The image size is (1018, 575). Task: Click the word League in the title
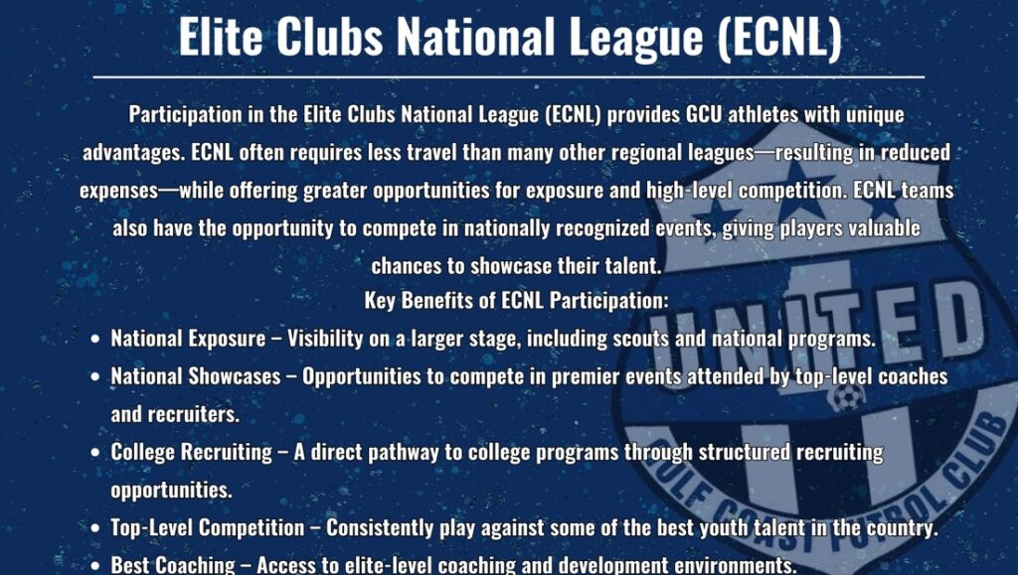coord(636,38)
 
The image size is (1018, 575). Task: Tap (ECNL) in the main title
coord(779,38)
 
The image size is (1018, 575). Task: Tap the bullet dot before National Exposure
coord(95,339)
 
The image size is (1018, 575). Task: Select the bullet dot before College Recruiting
coord(95,452)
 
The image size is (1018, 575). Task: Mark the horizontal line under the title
coord(509,77)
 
